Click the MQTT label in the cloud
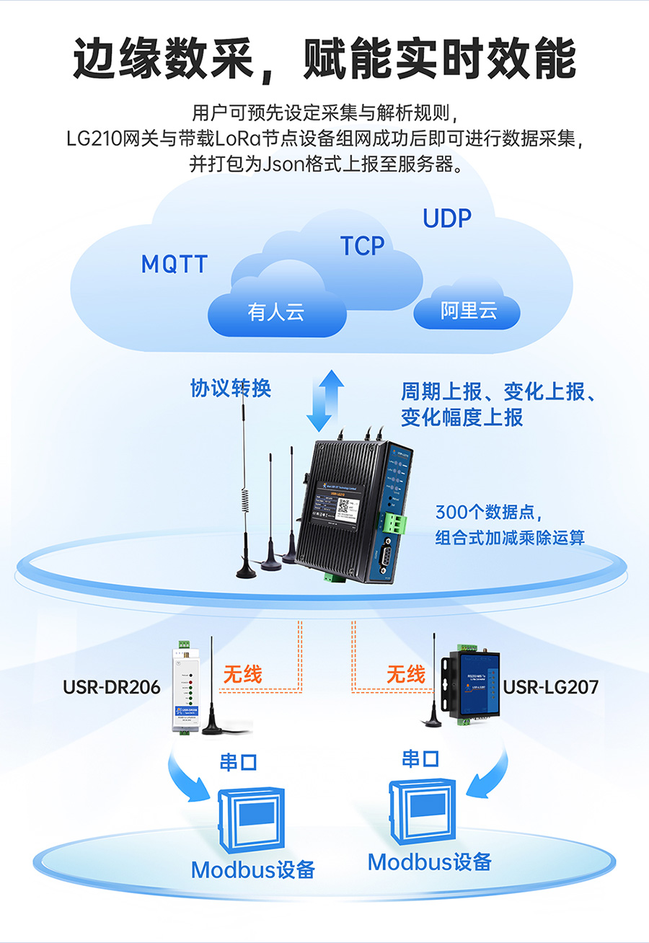click(174, 265)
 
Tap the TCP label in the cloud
click(363, 246)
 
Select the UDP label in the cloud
click(446, 218)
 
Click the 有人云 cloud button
click(276, 312)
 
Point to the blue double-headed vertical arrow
click(324, 401)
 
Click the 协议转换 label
click(231, 389)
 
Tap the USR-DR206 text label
click(112, 687)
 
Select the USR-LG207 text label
click(551, 687)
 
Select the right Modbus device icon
click(421, 812)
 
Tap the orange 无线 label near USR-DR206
click(242, 674)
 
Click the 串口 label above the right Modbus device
click(420, 758)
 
